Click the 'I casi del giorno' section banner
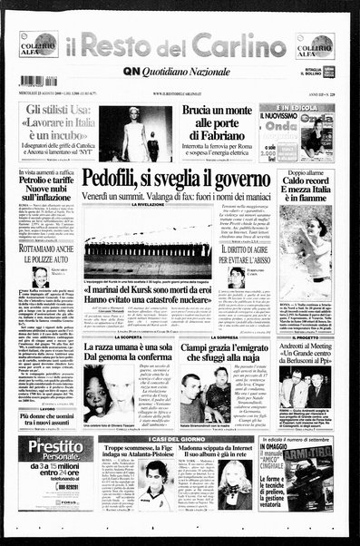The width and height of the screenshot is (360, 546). click(x=180, y=437)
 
